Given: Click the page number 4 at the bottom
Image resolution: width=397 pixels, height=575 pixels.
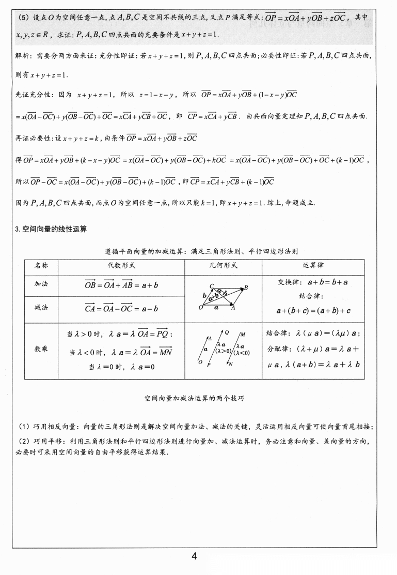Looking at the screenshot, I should [x=194, y=556].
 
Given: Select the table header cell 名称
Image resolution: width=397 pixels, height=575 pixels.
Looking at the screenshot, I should [x=41, y=266].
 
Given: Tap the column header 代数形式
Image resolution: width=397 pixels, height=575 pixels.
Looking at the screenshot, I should [x=121, y=266].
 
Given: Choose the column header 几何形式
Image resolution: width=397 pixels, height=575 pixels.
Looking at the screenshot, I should [x=223, y=266].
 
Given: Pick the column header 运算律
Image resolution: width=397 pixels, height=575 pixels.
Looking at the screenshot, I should [x=313, y=266].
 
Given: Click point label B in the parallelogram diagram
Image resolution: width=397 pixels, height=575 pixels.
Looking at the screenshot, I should [x=246, y=287].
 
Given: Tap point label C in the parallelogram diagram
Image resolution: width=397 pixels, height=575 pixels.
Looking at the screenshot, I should [x=212, y=286].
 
